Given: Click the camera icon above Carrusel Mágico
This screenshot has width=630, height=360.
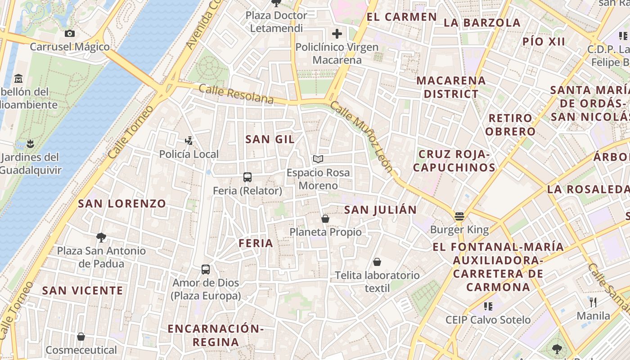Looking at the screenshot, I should (69, 33).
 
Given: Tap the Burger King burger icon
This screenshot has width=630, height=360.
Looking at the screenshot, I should (459, 216).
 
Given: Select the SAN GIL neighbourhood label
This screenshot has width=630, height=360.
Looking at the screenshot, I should (270, 139).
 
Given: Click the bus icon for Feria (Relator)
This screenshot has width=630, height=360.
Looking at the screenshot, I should (247, 177).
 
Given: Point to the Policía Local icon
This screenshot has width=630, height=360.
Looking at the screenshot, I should (189, 141).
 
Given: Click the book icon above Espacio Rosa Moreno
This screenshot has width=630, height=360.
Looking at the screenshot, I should (318, 159).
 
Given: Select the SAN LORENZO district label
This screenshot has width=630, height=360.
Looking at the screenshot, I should (122, 203).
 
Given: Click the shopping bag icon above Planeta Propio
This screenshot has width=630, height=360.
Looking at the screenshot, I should (325, 219).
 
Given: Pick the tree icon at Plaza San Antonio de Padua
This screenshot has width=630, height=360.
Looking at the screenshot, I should (101, 237).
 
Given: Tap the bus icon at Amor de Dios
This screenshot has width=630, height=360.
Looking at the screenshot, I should (206, 270).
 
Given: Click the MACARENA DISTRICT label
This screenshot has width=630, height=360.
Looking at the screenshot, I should (451, 87).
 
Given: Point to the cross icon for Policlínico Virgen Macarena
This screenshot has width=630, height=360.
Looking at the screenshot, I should (337, 33).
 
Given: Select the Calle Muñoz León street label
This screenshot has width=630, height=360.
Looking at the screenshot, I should (362, 137).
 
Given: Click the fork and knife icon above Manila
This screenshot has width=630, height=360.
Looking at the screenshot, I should (593, 302).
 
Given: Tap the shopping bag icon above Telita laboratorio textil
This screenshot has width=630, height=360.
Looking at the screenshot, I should (377, 261).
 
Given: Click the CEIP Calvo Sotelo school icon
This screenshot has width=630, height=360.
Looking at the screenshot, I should (488, 306).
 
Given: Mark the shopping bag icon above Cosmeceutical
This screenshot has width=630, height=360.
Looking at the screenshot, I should (81, 336).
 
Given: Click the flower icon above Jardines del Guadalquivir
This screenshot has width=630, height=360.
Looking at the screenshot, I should (30, 144).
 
